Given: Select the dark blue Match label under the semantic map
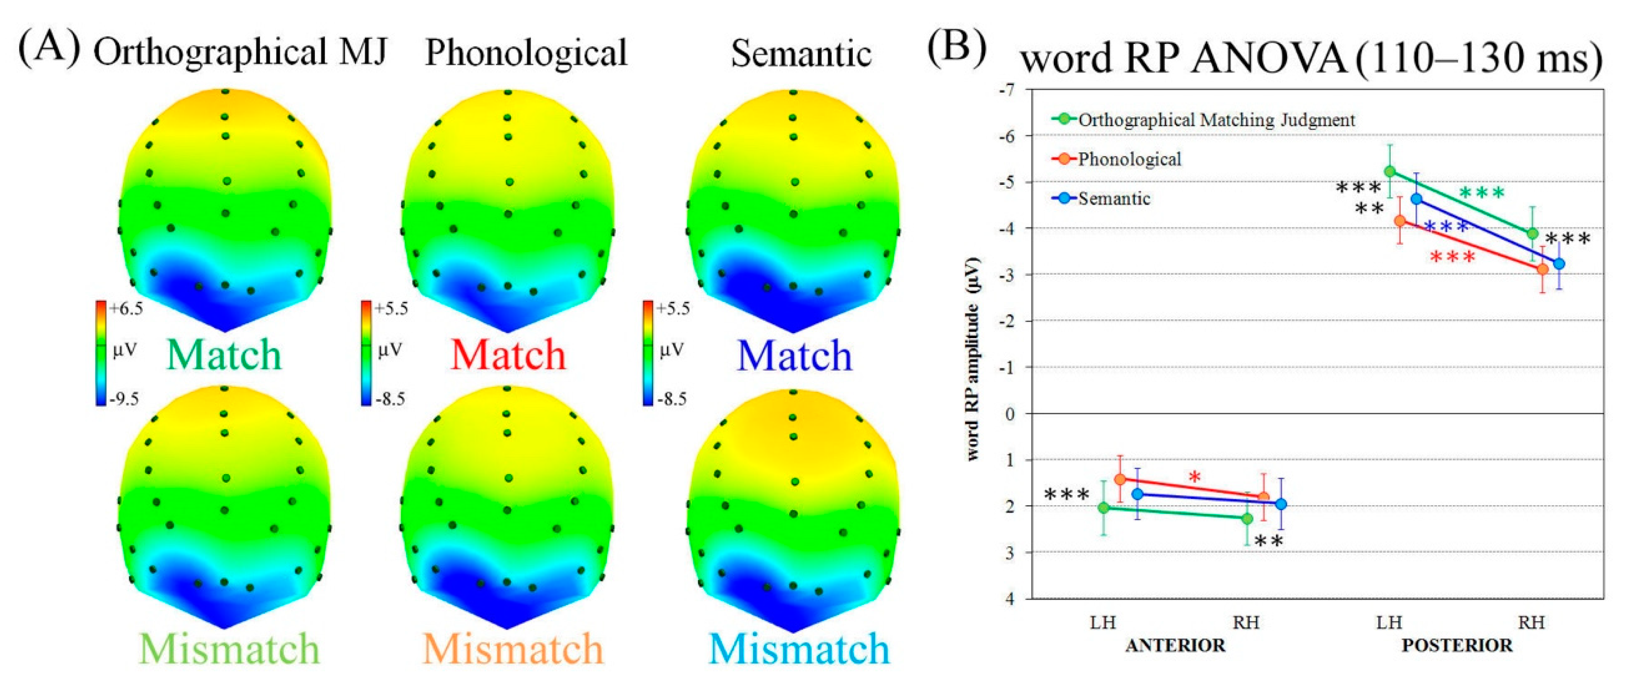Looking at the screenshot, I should tap(795, 356).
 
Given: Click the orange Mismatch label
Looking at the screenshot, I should tap(513, 649).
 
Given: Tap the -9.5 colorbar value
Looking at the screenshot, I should tap(124, 399).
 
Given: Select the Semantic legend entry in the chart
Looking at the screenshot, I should tap(1114, 199).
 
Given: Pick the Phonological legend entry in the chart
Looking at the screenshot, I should tap(1129, 159).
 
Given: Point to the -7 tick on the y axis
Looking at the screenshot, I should tap(1008, 90).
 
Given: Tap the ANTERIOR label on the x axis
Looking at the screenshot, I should tap(1175, 645).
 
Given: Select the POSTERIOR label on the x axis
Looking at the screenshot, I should tap(1457, 645).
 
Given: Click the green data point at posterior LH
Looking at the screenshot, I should tap(1390, 172).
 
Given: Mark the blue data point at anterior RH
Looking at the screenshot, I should tap(1281, 504).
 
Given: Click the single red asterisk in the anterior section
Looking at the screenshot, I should tap(1195, 477).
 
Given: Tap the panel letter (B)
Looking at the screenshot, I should tap(956, 49).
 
